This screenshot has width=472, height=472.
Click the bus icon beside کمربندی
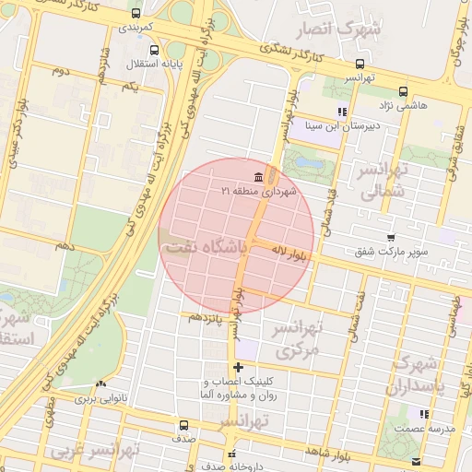coord(136,14)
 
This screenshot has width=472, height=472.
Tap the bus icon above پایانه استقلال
coord(153,51)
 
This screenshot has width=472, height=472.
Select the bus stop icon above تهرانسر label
coord(360,65)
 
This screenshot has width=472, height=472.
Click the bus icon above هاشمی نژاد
coord(403,91)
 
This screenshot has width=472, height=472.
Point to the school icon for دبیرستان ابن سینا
coord(342,112)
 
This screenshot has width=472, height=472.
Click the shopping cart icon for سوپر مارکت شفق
coord(391,237)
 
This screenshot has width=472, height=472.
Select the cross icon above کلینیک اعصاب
coord(238,368)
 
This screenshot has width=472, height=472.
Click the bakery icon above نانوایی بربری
coord(101,384)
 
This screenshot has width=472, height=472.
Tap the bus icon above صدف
coord(183,425)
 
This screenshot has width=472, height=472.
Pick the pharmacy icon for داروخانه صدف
coord(232,454)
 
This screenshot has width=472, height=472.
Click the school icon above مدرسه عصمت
coord(423,415)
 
